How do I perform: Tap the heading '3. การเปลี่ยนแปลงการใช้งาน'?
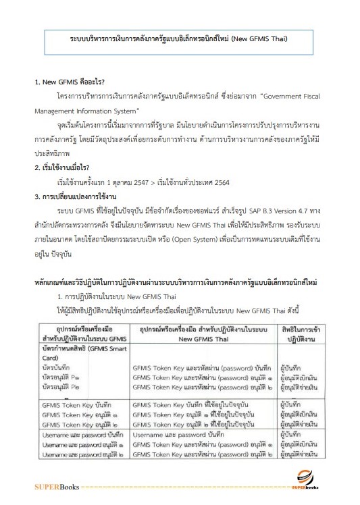(x=75, y=178)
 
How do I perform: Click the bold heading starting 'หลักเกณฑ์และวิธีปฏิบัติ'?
(x=179, y=262)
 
